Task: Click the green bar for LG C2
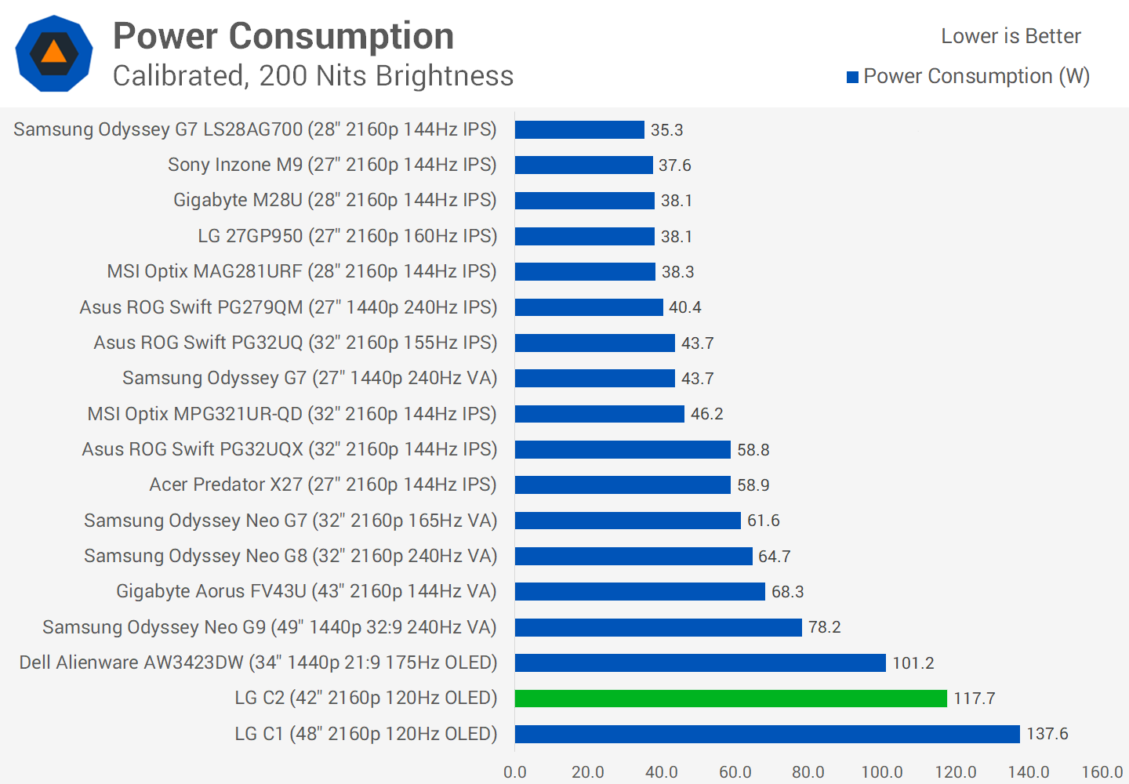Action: (731, 698)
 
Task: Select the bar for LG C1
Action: (767, 734)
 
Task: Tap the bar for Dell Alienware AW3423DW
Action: (700, 662)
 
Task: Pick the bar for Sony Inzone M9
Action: (583, 165)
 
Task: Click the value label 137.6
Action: (1047, 734)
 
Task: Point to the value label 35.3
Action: (666, 130)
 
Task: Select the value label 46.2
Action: (706, 414)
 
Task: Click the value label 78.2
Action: (824, 627)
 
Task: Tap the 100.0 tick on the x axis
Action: (882, 771)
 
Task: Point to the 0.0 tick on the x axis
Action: (515, 771)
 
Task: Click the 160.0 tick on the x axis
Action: (1102, 771)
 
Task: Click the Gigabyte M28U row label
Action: (335, 200)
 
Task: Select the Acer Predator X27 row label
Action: (323, 485)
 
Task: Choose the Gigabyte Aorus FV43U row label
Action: (307, 591)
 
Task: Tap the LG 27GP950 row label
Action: (347, 236)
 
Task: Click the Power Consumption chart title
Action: (284, 36)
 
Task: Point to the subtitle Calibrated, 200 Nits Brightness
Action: (313, 76)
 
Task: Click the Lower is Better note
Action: (1011, 36)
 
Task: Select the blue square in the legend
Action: (852, 77)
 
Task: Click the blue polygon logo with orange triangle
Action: (54, 53)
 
